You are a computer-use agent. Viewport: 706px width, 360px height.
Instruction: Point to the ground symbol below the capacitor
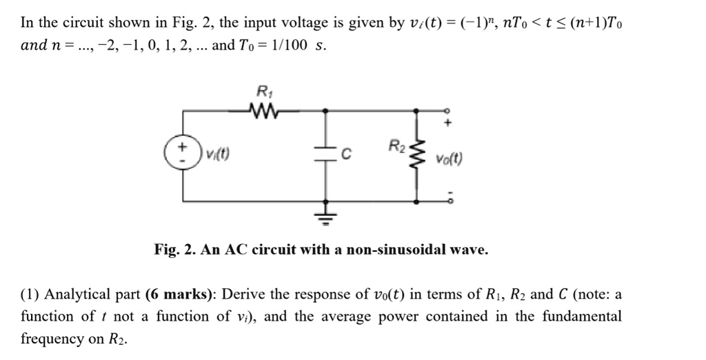[325, 218]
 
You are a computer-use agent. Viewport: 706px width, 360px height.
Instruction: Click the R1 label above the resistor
[263, 90]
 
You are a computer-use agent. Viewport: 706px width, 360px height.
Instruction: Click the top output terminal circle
[449, 109]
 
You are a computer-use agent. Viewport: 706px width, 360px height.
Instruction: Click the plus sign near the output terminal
[449, 124]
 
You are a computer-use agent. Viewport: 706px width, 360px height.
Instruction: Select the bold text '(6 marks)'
[178, 295]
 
